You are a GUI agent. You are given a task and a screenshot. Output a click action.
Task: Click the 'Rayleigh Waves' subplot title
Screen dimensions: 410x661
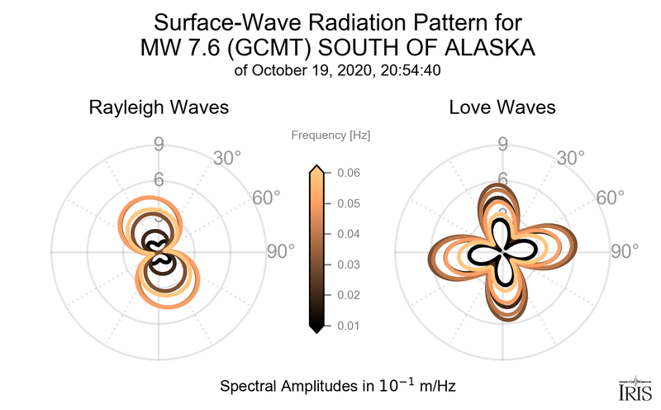(159, 107)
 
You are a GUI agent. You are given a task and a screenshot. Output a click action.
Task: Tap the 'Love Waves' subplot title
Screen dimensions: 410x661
(502, 107)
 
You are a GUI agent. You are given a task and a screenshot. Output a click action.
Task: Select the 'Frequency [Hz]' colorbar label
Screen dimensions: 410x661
(330, 135)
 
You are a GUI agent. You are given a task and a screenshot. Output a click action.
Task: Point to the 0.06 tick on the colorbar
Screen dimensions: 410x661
(348, 173)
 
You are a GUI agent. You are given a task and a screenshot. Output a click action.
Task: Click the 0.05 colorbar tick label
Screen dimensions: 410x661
(348, 203)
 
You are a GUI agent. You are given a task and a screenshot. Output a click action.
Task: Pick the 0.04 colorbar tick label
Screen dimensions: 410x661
(348, 234)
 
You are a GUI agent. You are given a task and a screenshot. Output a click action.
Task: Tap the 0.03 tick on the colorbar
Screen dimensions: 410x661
(348, 265)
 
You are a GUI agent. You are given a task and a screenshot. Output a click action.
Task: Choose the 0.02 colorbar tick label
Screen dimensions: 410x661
(348, 295)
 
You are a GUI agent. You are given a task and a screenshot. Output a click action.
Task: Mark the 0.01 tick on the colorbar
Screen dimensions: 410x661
(348, 326)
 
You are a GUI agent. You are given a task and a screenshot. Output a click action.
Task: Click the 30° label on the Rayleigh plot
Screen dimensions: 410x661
(226, 157)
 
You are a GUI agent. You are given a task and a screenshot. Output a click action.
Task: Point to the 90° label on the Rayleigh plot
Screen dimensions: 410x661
(280, 251)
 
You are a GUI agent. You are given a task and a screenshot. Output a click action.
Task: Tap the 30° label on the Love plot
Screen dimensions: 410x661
(570, 157)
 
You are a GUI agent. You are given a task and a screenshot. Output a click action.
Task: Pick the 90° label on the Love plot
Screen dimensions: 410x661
(624, 251)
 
